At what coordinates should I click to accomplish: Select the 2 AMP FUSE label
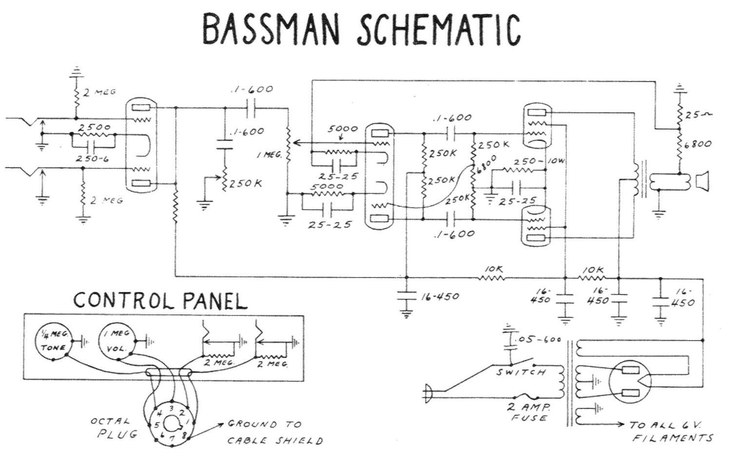pyautogui.click(x=529, y=412)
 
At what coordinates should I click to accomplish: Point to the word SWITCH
pyautogui.click(x=521, y=373)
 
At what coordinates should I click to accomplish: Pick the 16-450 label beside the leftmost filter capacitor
pyautogui.click(x=440, y=296)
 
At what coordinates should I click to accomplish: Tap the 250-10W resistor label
pyautogui.click(x=535, y=161)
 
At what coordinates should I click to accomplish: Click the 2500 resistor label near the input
pyautogui.click(x=95, y=127)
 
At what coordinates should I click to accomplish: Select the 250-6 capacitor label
pyautogui.click(x=92, y=159)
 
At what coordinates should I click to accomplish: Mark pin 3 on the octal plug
pyautogui.click(x=171, y=408)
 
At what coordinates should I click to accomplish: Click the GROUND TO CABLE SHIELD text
pyautogui.click(x=274, y=433)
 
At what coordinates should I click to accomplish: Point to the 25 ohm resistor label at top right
pyautogui.click(x=697, y=115)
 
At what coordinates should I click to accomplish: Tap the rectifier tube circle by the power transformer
pyautogui.click(x=631, y=381)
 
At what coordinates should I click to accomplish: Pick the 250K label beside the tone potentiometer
pyautogui.click(x=246, y=183)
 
